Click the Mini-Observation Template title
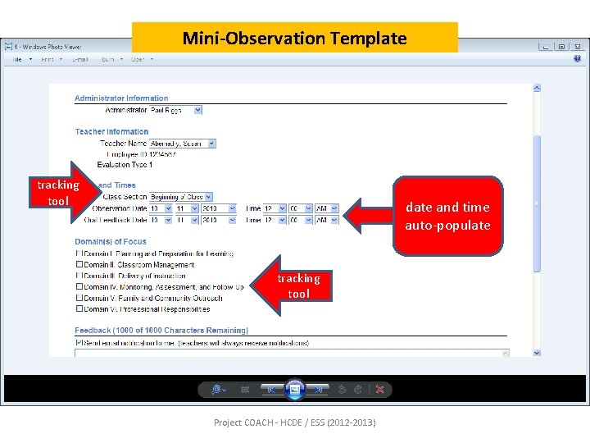coord(294,38)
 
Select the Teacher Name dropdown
coord(182,144)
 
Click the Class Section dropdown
coord(179,197)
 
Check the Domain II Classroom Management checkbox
coord(79,265)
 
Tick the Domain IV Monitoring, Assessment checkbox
coord(79,287)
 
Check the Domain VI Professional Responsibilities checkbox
coord(79,309)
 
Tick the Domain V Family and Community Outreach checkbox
coord(79,298)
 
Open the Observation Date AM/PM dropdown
coord(327,208)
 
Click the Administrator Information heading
coord(121,98)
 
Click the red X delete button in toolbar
coord(379,390)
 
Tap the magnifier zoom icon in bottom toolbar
coord(217,390)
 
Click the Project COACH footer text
coord(294,422)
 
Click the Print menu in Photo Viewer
coord(48,59)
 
